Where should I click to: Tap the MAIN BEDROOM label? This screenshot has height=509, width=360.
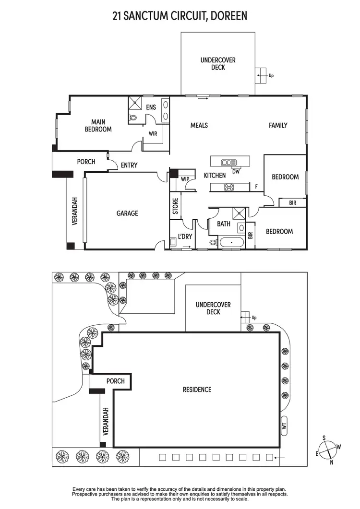click(98, 126)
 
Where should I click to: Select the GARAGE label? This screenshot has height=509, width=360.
click(127, 213)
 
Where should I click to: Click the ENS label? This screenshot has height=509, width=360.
click(151, 107)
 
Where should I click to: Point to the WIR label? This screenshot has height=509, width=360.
click(153, 133)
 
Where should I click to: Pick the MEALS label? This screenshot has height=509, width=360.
click(199, 125)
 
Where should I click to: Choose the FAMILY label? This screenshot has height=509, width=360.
click(278, 125)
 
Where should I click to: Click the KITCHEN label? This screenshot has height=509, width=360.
click(215, 176)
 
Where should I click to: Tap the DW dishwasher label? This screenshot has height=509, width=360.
click(236, 171)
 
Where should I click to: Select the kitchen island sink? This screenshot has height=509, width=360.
click(229, 162)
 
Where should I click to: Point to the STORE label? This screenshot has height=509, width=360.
click(176, 206)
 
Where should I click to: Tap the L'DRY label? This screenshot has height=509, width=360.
click(185, 237)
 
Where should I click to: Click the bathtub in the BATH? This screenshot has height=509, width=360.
click(232, 242)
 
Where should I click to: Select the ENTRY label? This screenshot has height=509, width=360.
click(129, 165)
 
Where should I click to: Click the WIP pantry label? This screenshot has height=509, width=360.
click(185, 179)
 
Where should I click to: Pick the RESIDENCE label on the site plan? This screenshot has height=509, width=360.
click(197, 390)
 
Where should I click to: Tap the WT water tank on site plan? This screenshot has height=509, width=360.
click(284, 425)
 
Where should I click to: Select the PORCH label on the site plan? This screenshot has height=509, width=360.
click(116, 381)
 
